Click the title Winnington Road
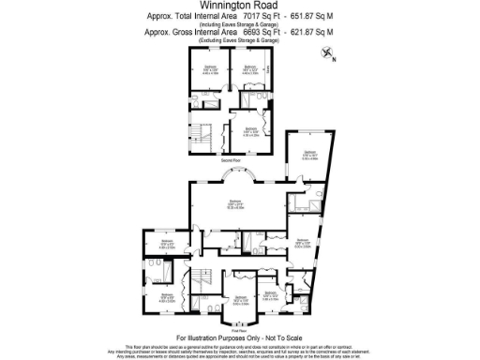239,7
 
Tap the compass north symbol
328,54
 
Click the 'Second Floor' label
232,161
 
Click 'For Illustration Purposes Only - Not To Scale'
239,337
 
